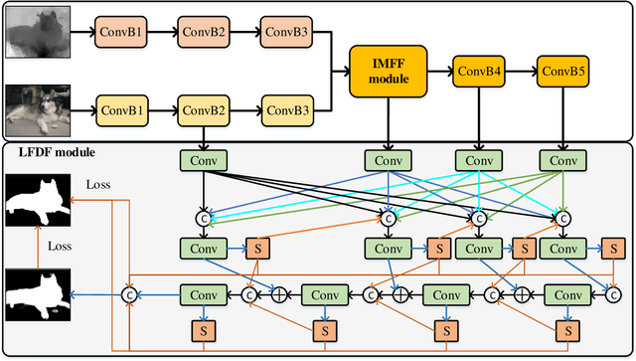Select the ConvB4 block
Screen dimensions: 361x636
click(479, 71)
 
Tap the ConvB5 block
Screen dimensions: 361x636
click(563, 71)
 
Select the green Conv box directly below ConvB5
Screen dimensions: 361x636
click(563, 159)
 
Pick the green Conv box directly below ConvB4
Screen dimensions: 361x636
click(479, 159)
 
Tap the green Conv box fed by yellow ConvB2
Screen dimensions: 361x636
click(204, 159)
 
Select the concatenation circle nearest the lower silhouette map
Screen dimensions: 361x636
click(127, 294)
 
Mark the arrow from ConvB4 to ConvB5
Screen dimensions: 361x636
click(521, 71)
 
